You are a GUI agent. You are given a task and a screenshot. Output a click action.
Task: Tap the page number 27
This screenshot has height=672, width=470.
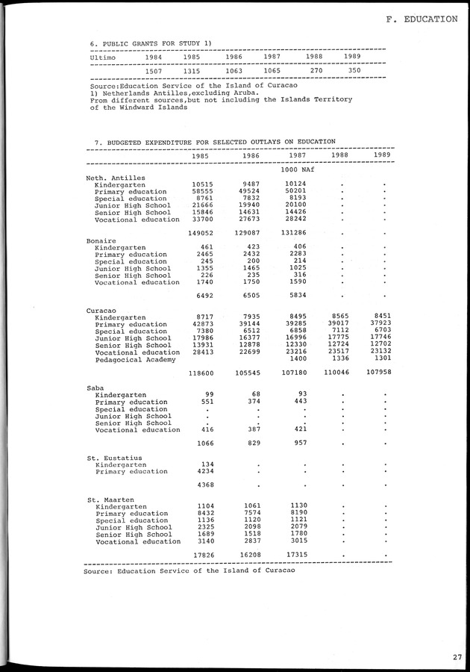[x=456, y=657]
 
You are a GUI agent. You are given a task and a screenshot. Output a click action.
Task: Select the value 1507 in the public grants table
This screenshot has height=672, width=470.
[x=154, y=71]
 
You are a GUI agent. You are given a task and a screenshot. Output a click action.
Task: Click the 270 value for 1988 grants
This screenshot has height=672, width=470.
[x=316, y=71]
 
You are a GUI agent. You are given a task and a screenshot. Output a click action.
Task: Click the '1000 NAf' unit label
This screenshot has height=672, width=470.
[x=295, y=170]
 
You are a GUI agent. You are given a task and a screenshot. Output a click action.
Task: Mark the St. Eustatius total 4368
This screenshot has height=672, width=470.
[x=205, y=485]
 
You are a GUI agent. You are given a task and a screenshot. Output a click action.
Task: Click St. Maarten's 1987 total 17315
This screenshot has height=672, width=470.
[x=295, y=555]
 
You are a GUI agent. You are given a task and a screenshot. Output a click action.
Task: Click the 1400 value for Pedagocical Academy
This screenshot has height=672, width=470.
[x=298, y=358]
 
